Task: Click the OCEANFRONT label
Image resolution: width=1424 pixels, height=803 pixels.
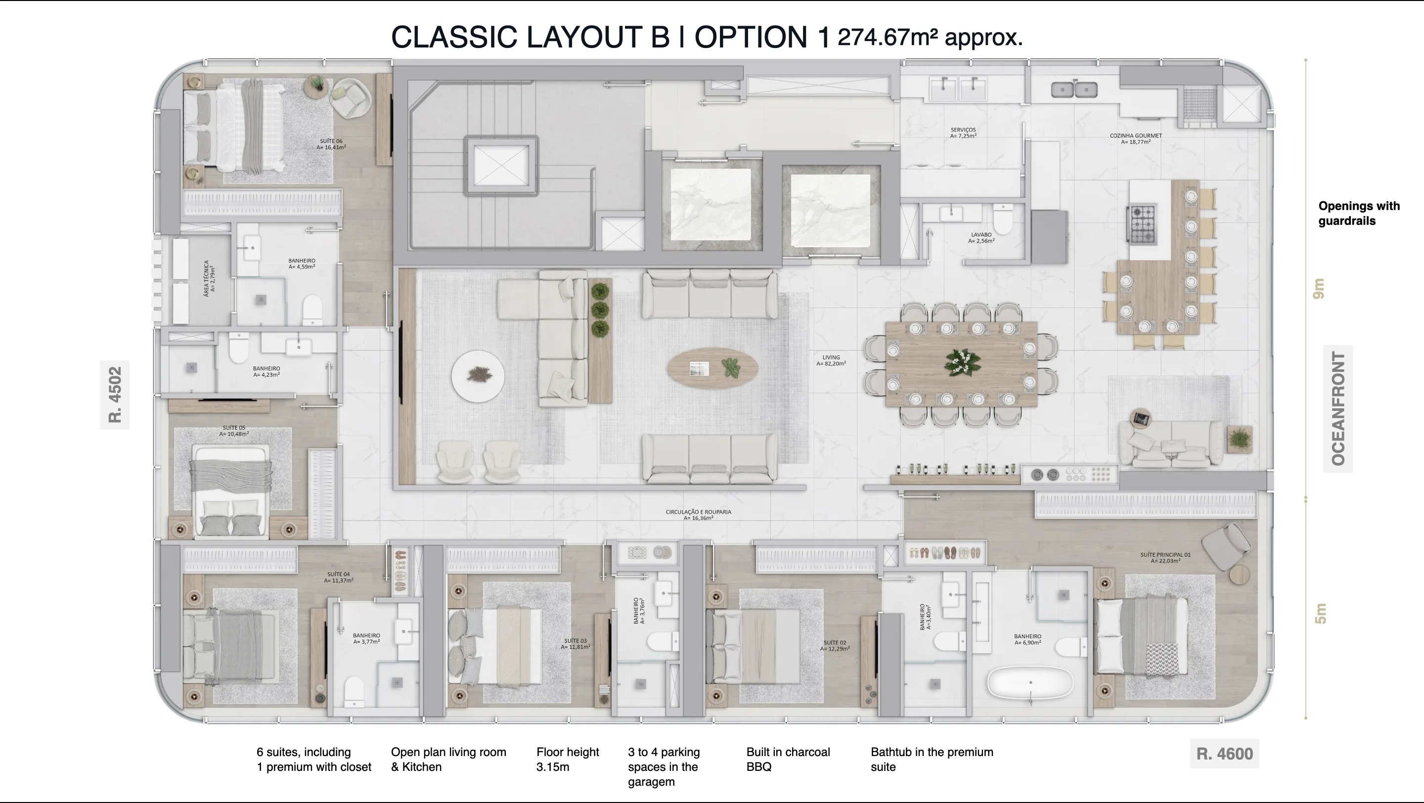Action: (1338, 408)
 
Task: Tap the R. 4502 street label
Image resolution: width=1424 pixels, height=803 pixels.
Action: (114, 395)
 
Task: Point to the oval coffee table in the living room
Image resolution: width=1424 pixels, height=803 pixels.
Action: (712, 367)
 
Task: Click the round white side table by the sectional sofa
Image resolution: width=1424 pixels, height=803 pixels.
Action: (478, 376)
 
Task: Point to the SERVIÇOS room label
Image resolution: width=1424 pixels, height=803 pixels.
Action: (963, 133)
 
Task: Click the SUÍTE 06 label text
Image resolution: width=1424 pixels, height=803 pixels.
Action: (331, 144)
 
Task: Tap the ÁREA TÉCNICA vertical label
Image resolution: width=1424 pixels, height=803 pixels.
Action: (210, 278)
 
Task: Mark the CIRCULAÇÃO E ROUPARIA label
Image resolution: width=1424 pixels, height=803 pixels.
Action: (698, 515)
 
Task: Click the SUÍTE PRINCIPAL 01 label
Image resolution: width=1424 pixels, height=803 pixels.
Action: (1165, 558)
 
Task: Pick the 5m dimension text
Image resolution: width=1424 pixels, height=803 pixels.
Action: (1320, 614)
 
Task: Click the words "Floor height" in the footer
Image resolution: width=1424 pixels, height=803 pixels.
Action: (567, 752)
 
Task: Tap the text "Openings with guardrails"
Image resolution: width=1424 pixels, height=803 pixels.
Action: (1359, 213)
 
